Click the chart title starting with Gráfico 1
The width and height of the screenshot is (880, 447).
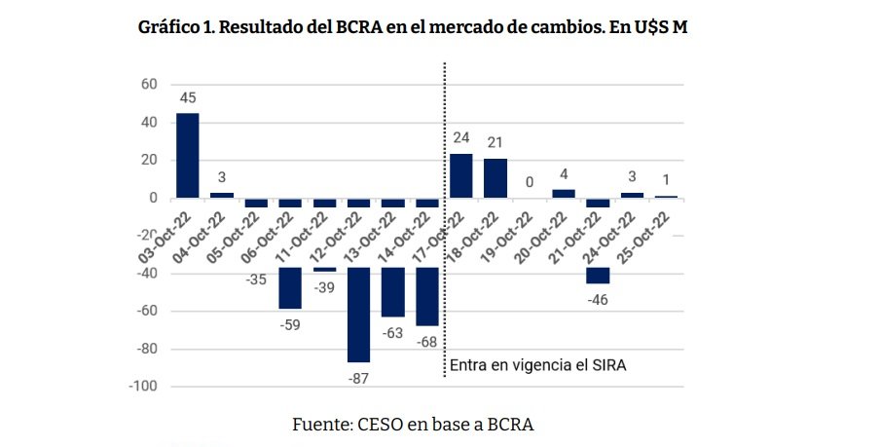(x=414, y=27)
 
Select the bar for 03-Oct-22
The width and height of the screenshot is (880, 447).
(x=187, y=156)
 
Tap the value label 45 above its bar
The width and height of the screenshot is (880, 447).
(x=187, y=98)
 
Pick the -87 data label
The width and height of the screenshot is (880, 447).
(x=358, y=377)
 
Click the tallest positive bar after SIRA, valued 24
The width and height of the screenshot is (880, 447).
(x=460, y=176)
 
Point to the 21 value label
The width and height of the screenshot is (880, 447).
(x=495, y=144)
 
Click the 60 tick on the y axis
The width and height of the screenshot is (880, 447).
(x=149, y=85)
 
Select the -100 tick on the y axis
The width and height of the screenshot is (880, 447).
(x=142, y=386)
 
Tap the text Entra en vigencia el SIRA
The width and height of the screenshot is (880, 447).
(x=536, y=366)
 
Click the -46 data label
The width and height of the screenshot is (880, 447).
(x=599, y=298)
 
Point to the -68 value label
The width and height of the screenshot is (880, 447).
(x=427, y=341)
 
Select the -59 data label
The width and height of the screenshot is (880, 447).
(x=290, y=324)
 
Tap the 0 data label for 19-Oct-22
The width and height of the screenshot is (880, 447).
(x=530, y=182)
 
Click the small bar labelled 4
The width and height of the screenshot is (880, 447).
(x=564, y=194)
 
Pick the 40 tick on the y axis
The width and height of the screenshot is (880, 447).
(x=149, y=123)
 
